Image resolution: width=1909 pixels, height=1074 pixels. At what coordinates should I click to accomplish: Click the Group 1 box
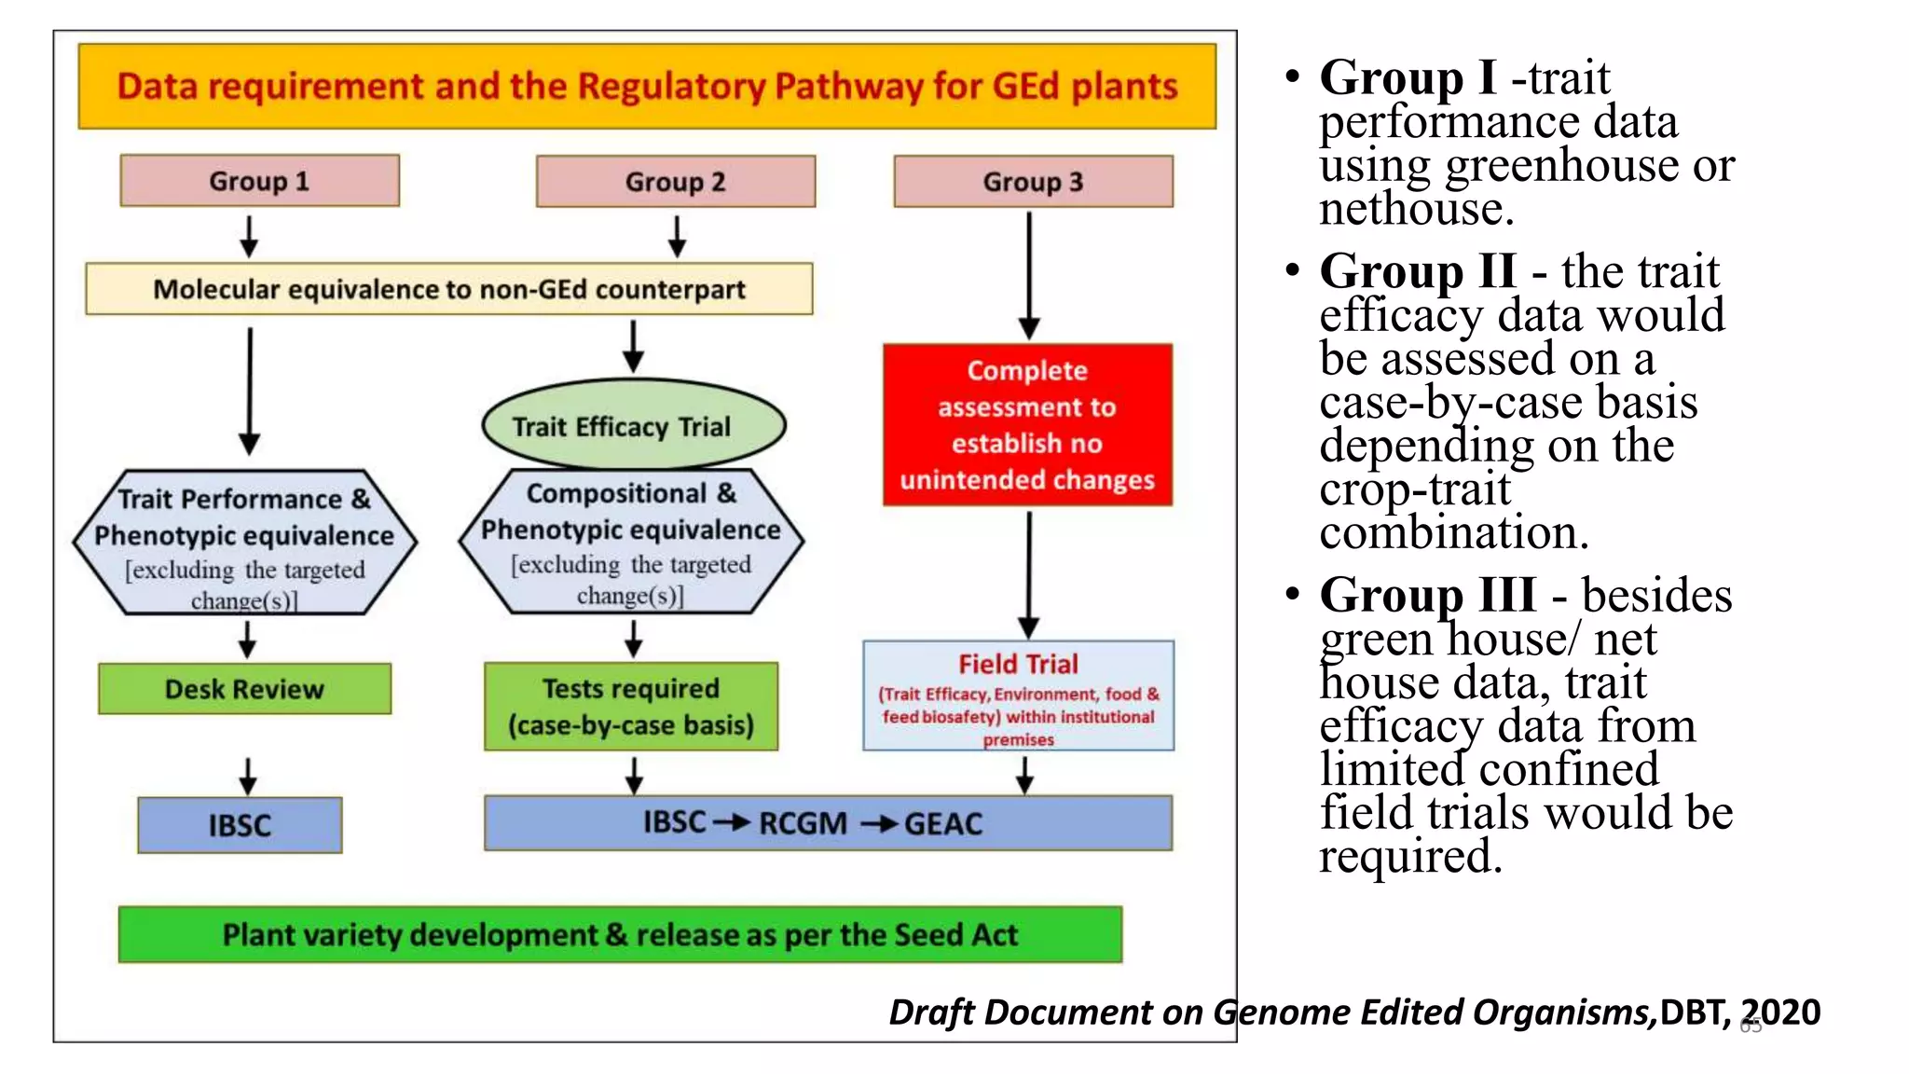[x=259, y=181]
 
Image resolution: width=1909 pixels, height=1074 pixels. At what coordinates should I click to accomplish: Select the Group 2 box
[x=675, y=182]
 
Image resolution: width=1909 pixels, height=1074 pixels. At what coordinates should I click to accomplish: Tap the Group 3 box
[x=1033, y=182]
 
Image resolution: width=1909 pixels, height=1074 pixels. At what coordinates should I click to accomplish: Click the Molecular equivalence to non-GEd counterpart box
[x=448, y=289]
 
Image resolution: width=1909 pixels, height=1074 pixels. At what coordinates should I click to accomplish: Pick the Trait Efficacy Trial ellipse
[x=634, y=425]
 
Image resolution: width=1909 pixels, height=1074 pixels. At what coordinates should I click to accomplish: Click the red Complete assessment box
[x=1027, y=425]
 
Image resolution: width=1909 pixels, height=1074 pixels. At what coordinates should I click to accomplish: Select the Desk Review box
[x=244, y=689]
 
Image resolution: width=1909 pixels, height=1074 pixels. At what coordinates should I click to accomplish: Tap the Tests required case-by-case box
[x=631, y=707]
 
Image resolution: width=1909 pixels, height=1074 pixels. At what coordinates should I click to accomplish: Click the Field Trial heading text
[x=1018, y=664]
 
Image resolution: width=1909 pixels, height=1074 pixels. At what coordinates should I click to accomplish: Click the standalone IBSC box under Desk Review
[x=240, y=825]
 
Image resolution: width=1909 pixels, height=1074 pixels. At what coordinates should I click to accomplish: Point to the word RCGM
[x=803, y=824]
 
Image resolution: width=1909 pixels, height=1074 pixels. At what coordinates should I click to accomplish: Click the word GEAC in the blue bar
[x=943, y=824]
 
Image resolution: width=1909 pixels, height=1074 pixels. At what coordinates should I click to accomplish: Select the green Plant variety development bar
[x=620, y=934]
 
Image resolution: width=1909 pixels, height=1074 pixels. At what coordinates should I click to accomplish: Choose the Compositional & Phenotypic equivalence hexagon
[x=631, y=541]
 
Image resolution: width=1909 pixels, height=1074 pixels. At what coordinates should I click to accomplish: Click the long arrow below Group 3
[x=1029, y=275]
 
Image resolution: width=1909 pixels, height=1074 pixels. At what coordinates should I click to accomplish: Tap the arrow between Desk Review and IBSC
[x=247, y=776]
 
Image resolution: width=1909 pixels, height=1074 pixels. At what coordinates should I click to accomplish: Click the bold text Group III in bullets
[x=1427, y=595]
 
